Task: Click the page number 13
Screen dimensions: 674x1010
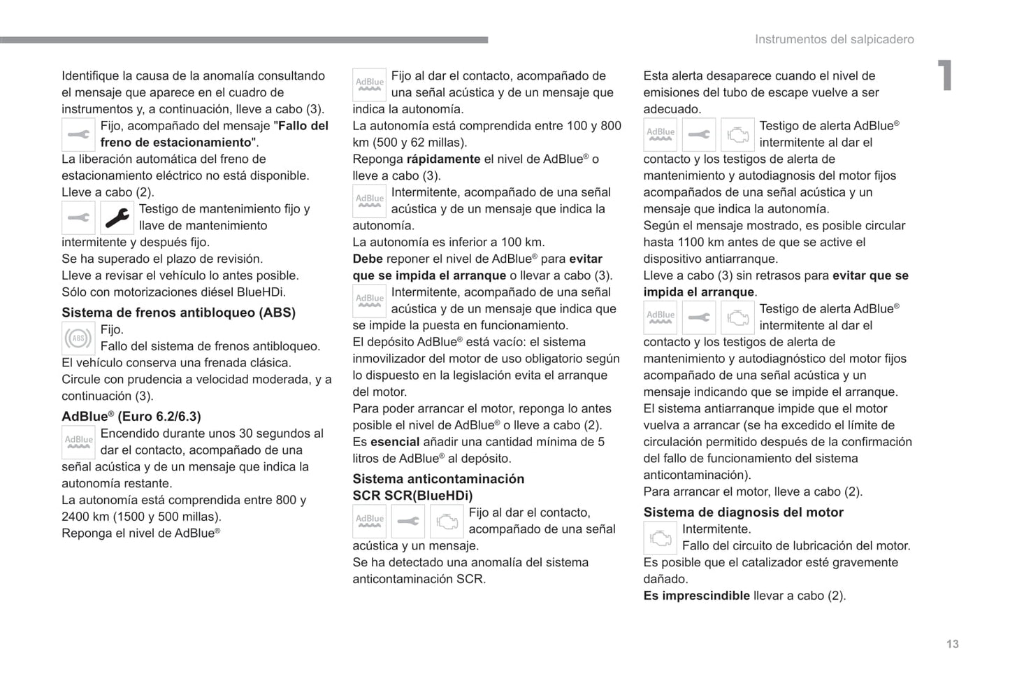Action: click(x=952, y=644)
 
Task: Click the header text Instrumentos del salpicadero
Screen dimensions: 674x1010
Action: click(x=834, y=40)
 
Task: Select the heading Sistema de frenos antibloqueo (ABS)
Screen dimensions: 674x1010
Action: click(x=178, y=313)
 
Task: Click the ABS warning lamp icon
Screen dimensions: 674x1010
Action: click(x=78, y=338)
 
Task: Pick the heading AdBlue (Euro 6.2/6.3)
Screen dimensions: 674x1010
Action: click(x=131, y=417)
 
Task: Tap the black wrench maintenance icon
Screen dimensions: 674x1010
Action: click(x=117, y=218)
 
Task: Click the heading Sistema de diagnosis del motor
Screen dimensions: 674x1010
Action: click(x=743, y=512)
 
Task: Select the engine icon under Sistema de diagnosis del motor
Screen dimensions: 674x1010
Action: click(x=660, y=538)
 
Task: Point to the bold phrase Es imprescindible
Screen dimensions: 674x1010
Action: click(x=696, y=596)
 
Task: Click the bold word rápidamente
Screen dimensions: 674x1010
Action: click(x=443, y=159)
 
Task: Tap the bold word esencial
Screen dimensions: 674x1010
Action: click(x=395, y=442)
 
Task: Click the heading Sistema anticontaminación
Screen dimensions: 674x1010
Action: click(x=438, y=479)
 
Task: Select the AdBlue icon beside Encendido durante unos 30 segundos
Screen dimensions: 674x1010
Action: click(x=78, y=443)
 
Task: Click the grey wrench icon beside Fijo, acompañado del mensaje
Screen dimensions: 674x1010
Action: click(x=78, y=135)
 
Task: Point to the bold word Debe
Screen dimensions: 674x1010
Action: click(x=367, y=259)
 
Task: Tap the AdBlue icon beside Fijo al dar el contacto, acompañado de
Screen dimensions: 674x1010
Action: click(x=369, y=85)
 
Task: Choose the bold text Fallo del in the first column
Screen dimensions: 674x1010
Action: click(x=303, y=126)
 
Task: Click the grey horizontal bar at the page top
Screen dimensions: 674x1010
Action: click(x=244, y=40)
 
